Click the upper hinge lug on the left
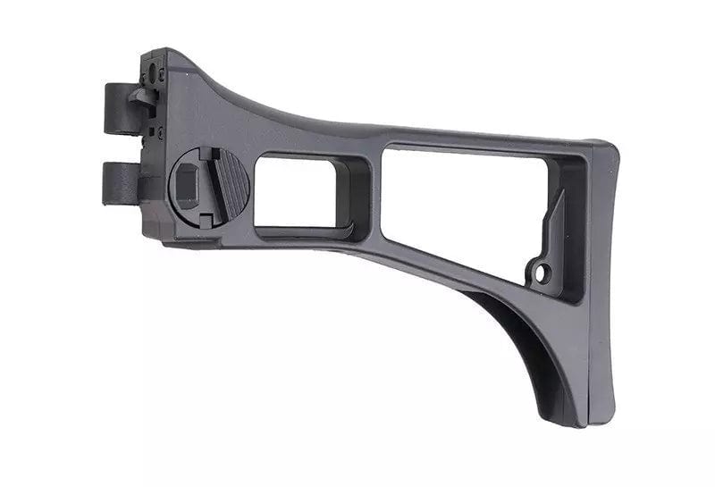(117, 107)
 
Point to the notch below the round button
(206, 217)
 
